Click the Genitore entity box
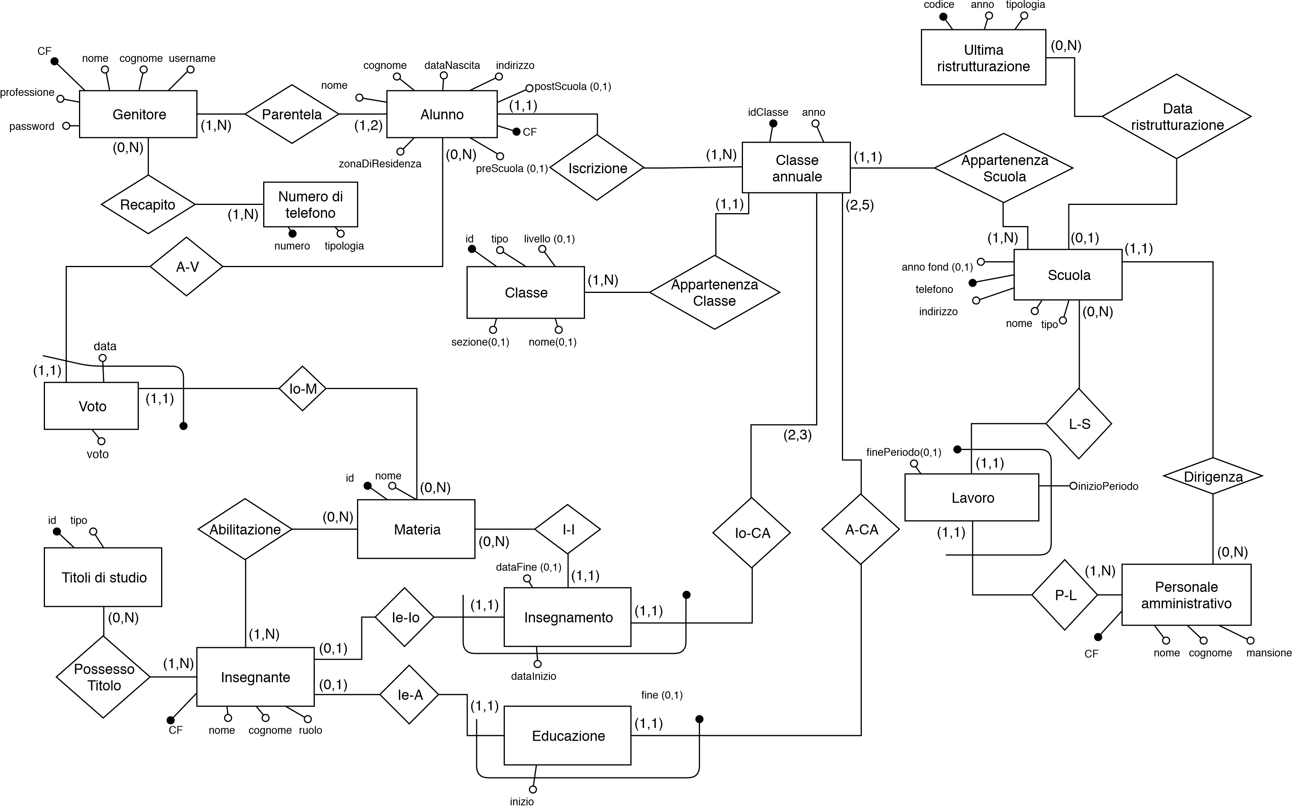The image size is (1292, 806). point(138,114)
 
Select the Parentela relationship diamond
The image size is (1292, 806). point(292,114)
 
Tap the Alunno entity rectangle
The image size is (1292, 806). point(442,114)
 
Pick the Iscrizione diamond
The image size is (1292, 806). point(597,168)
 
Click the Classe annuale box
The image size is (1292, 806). point(796,167)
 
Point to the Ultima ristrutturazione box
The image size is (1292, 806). point(983,57)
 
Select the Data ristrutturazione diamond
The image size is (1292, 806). point(1176,116)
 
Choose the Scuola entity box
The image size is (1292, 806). point(1068,275)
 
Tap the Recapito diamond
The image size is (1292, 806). point(148,204)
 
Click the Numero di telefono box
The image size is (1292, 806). point(310,204)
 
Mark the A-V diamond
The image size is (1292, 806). point(187,267)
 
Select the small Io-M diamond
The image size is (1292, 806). point(302,389)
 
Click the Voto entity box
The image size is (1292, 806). point(91,406)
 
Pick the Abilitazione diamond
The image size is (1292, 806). point(245,530)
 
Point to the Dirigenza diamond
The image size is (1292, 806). point(1213,476)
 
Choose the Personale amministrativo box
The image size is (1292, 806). point(1186,594)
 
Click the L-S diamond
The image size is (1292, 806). point(1078,424)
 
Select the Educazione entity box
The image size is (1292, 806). point(568,736)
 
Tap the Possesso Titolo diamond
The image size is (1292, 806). point(103,677)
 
